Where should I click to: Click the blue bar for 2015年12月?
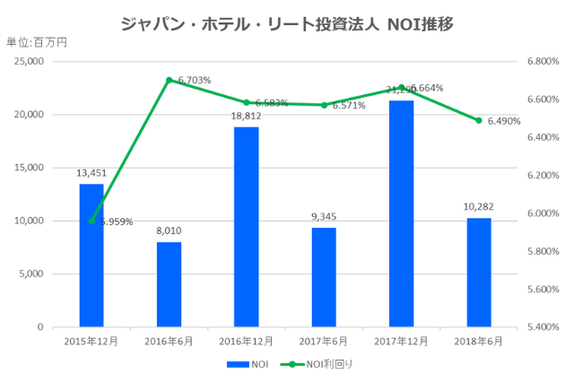click(x=91, y=255)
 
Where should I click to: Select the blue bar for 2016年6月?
click(x=169, y=284)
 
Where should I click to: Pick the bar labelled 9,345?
click(x=324, y=277)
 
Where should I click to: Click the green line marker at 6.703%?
click(x=169, y=80)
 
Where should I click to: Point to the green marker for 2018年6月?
click(x=479, y=120)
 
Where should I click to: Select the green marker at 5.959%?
click(x=91, y=221)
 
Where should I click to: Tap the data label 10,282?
click(x=479, y=207)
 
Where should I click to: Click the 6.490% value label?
click(x=504, y=121)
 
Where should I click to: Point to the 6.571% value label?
click(x=349, y=105)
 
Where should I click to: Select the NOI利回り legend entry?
click(x=317, y=364)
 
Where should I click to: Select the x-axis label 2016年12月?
click(x=247, y=341)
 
